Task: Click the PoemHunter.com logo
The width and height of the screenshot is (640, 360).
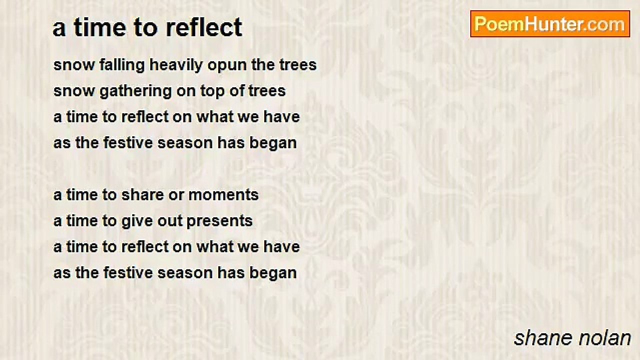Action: click(x=550, y=24)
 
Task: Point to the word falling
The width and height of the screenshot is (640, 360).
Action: click(x=122, y=65)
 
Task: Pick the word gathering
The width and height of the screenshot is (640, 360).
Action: click(x=135, y=91)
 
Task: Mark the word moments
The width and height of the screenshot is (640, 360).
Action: click(x=223, y=195)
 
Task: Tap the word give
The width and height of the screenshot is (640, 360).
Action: click(x=137, y=221)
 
